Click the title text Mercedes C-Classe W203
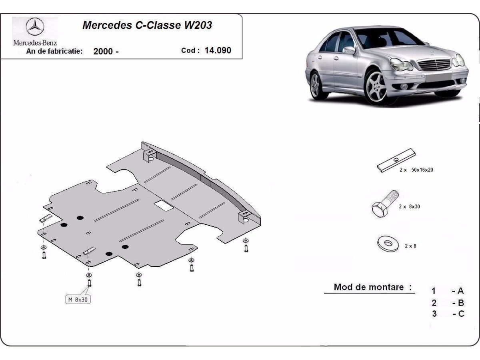click(147, 25)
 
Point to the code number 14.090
click(218, 50)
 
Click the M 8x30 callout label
click(78, 299)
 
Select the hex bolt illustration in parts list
click(384, 204)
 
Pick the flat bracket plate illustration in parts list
click(396, 160)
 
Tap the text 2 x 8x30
click(409, 207)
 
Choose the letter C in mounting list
click(461, 314)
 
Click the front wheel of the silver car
click(375, 88)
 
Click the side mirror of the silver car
click(349, 50)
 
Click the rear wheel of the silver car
click(316, 85)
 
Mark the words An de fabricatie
click(54, 51)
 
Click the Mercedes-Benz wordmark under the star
click(35, 42)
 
